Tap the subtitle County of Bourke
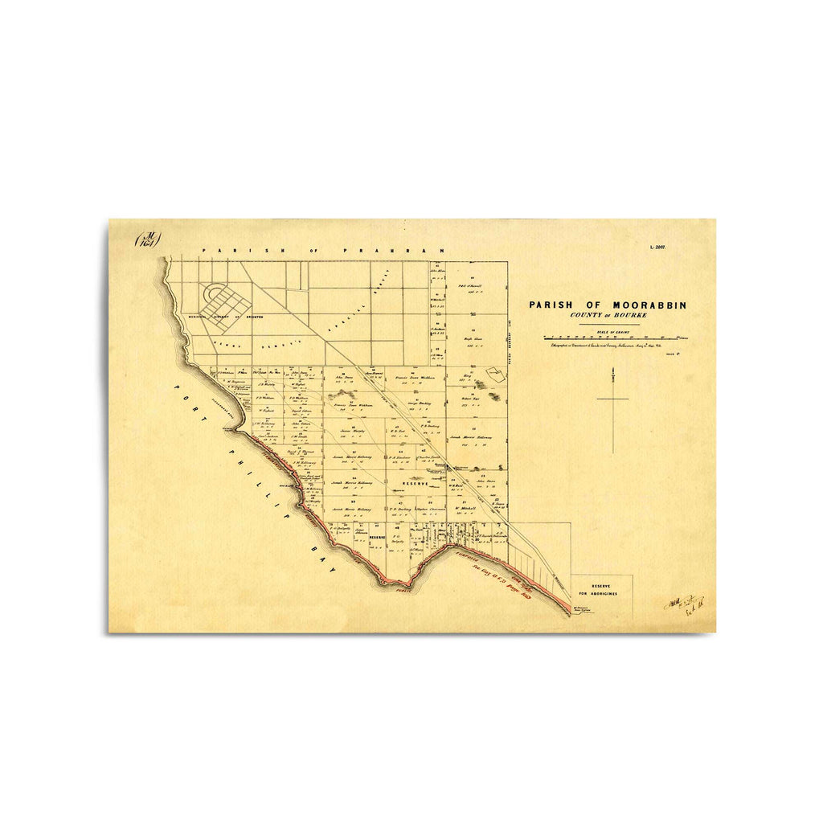point(608,315)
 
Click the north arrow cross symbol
point(612,399)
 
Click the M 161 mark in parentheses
point(148,240)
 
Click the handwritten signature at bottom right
point(683,604)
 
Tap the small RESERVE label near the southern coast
point(378,536)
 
